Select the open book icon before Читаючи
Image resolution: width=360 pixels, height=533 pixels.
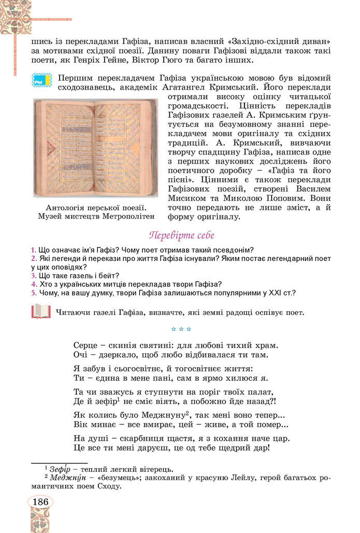(40, 312)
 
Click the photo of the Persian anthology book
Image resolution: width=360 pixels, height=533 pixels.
(95, 148)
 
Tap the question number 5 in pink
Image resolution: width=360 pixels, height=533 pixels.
(33, 293)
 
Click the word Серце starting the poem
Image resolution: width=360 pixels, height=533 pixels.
(86, 344)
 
